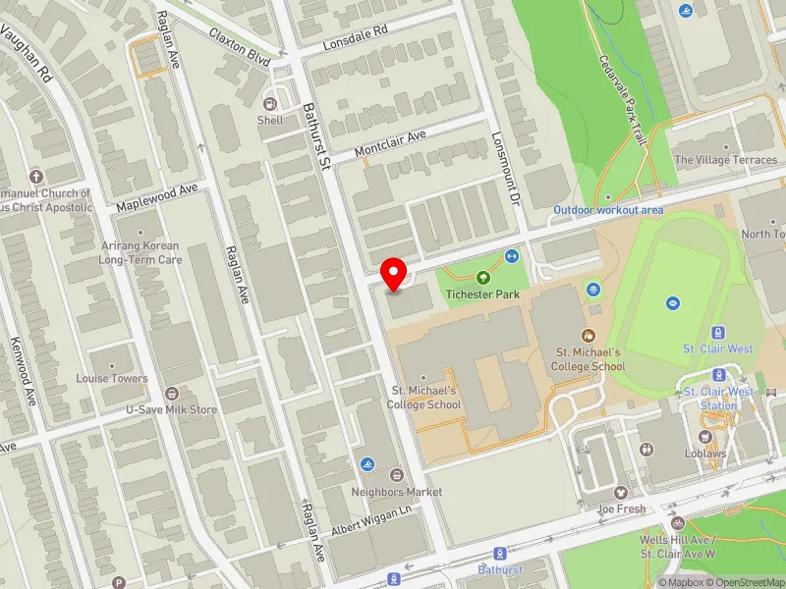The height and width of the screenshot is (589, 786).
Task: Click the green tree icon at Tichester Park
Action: pyautogui.click(x=482, y=277)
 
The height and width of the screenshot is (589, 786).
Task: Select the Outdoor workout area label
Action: pyautogui.click(x=608, y=210)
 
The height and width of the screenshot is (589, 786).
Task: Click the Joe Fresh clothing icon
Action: pyautogui.click(x=620, y=493)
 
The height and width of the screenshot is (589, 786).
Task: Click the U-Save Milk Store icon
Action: pyautogui.click(x=172, y=393)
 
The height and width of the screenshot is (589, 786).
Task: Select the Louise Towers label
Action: pyautogui.click(x=113, y=378)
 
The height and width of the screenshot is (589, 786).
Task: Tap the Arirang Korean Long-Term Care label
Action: pyautogui.click(x=140, y=253)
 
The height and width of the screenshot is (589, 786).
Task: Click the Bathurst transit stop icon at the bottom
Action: pyautogui.click(x=500, y=554)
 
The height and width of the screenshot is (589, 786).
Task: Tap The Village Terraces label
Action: pyautogui.click(x=725, y=160)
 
